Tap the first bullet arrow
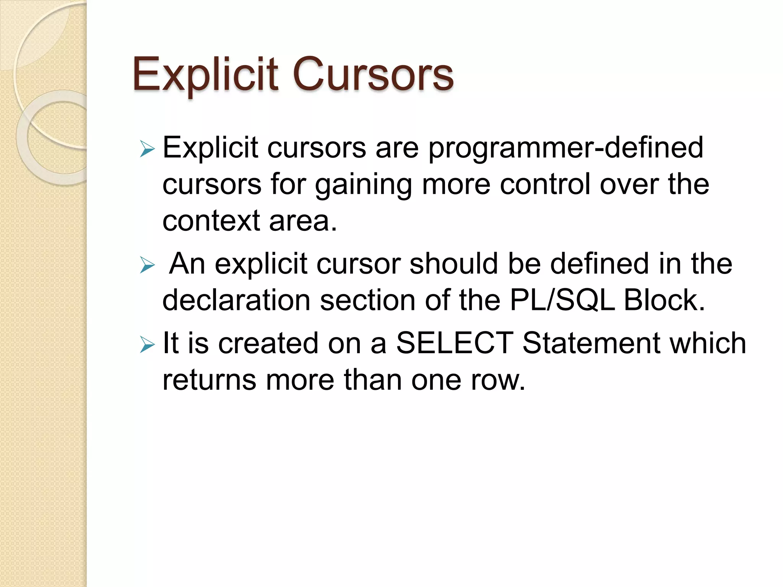[x=147, y=149]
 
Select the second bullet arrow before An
[x=147, y=265]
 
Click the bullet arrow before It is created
[x=147, y=344]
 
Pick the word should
[x=454, y=264]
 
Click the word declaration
[x=236, y=300]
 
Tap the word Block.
[x=664, y=300]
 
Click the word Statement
[x=591, y=343]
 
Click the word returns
[x=209, y=380]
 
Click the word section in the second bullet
[x=367, y=300]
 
